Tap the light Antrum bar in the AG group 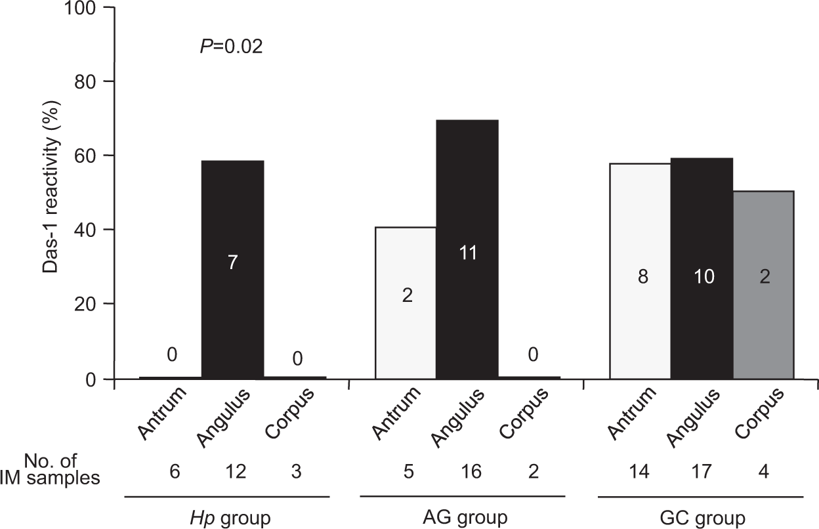point(405,303)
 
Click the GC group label point(702,518)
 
